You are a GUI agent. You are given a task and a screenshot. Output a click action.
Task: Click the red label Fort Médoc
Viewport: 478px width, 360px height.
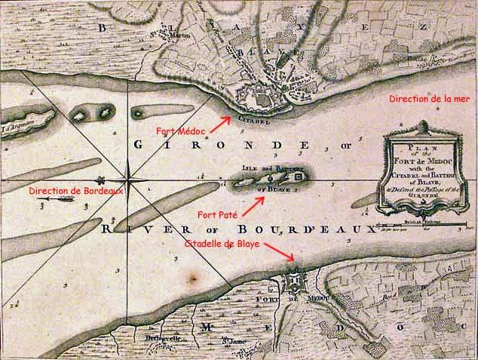(182, 130)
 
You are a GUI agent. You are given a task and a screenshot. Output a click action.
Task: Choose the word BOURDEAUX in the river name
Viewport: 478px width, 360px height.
(331, 228)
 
